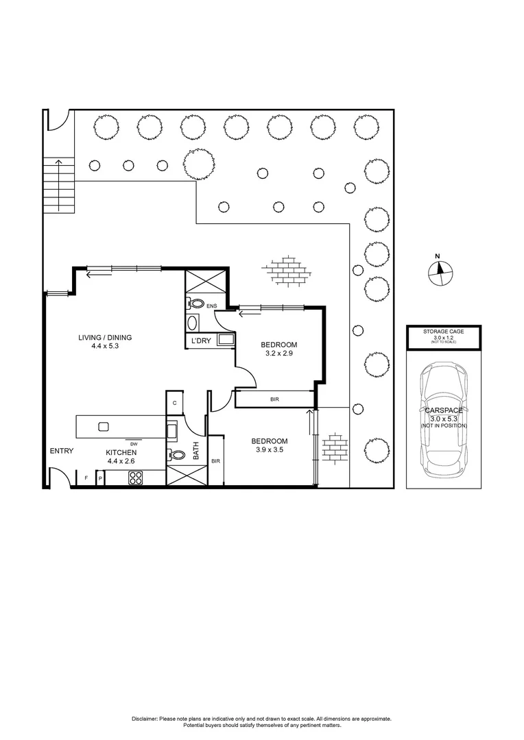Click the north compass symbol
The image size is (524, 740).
coord(437,272)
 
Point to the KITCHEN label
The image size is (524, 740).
coord(121,453)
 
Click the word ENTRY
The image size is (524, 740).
coord(61,450)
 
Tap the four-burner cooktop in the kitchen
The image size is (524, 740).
coord(134,479)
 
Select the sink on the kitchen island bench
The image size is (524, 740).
coord(104,426)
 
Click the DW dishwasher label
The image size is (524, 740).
coord(134,444)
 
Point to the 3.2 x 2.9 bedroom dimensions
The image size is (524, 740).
coord(278,354)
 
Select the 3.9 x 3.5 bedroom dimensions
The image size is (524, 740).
coord(269,451)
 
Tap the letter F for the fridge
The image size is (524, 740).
coord(86,478)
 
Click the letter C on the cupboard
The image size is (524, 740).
coord(175,403)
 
